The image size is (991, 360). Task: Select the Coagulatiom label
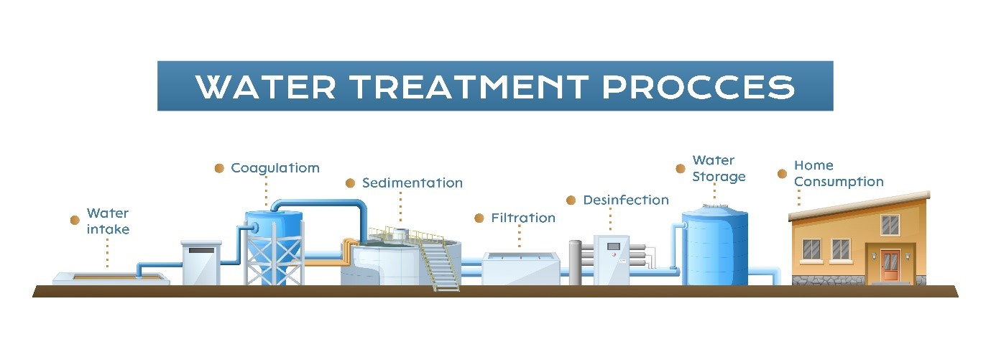[x=275, y=168]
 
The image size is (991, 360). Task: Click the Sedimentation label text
[x=412, y=183]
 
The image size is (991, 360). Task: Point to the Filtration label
[x=522, y=218]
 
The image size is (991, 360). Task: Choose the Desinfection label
[x=625, y=200]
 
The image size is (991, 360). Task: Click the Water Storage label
[x=719, y=168]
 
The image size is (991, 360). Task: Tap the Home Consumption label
[x=838, y=173]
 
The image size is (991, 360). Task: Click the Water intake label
[x=108, y=221]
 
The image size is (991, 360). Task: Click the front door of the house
[x=890, y=265]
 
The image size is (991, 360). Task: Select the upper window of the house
[x=890, y=224]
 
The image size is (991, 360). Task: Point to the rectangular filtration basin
[x=520, y=269]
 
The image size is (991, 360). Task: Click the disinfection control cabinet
[x=612, y=259]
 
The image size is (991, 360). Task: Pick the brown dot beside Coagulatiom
[x=220, y=168]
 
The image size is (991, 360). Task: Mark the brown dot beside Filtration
[x=479, y=218]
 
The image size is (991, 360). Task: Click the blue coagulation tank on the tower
[x=273, y=227]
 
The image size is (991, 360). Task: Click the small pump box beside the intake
[x=200, y=263]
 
